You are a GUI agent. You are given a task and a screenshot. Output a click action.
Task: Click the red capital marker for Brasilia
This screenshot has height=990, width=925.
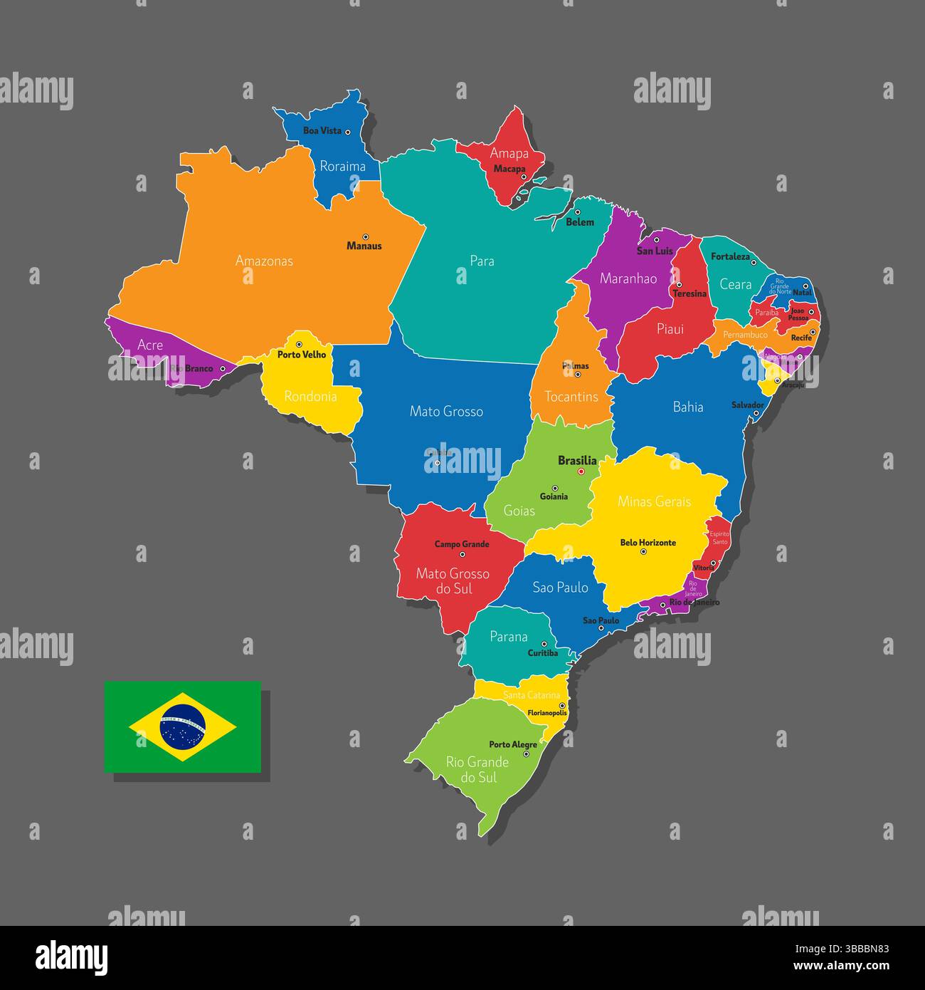tap(581, 471)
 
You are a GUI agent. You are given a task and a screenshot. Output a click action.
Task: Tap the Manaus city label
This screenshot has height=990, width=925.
tap(364, 246)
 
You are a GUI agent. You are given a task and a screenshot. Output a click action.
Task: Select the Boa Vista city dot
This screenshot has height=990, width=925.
tap(348, 131)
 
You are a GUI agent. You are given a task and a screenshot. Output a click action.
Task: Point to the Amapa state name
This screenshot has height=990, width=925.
tap(509, 154)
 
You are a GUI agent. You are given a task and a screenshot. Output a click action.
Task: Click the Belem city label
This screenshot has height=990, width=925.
tap(580, 222)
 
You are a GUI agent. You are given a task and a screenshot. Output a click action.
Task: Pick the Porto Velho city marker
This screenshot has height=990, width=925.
tap(299, 345)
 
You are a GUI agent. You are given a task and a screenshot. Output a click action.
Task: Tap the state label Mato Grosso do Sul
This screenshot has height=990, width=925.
tap(453, 581)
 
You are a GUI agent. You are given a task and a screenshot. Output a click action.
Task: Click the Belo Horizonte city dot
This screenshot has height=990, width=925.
tap(643, 551)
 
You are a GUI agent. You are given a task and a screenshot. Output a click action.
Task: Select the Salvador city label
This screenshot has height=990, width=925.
tap(748, 405)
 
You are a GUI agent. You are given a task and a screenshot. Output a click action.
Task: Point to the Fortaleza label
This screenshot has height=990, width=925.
tap(731, 256)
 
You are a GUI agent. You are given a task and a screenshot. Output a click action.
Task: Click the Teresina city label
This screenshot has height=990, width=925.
tap(690, 294)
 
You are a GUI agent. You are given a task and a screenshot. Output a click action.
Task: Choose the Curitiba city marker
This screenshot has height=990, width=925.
tap(544, 644)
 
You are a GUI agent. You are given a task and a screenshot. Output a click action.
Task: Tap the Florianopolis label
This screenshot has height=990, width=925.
tap(547, 712)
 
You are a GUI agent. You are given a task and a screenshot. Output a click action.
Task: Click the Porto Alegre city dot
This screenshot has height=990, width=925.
tap(527, 754)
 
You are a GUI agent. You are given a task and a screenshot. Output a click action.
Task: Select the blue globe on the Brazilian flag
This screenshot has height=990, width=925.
tap(183, 727)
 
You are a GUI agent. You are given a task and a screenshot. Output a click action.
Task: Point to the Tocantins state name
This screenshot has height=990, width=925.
tap(571, 397)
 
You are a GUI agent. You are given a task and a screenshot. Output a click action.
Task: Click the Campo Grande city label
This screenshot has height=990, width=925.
tap(462, 544)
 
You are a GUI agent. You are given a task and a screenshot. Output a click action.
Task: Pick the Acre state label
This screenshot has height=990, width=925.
tap(150, 345)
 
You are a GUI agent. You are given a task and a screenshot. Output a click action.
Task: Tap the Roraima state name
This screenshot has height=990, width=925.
tap(342, 167)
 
